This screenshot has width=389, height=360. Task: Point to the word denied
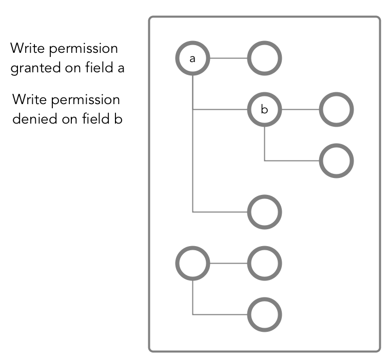[35, 119]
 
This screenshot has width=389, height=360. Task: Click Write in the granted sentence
[27, 48]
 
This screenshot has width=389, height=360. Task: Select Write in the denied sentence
[29, 99]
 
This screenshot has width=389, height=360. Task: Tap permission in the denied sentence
[86, 100]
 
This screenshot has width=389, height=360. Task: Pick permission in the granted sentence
[84, 49]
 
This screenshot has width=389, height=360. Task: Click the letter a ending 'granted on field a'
[121, 69]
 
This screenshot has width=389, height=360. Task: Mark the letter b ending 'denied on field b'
[118, 119]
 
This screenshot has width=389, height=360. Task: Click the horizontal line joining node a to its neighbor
[228, 58]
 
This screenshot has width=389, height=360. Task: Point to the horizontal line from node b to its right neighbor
[300, 109]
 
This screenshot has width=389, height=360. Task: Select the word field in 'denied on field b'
[95, 118]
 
